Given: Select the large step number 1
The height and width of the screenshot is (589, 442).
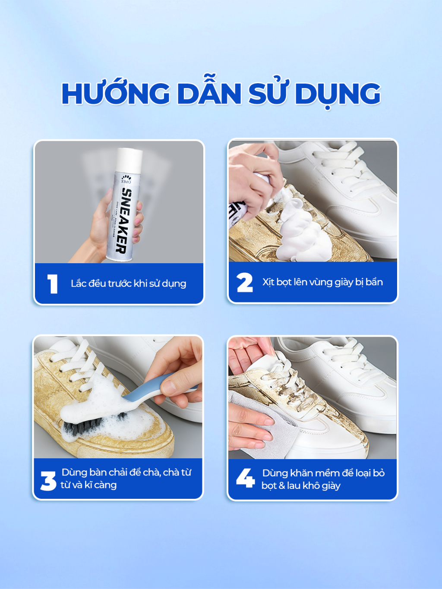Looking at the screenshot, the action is (53, 283).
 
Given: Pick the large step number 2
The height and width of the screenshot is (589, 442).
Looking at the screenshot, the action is (245, 282).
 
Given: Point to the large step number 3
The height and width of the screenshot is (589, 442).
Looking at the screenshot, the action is (48, 481).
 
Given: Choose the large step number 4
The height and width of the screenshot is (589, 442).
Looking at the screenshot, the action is (245, 478).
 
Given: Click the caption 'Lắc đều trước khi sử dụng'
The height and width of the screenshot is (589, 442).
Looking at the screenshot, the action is (129, 283).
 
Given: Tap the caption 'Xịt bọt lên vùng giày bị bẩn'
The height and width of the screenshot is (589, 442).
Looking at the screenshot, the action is (322, 282).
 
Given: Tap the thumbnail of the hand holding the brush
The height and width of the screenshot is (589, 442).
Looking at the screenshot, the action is (118, 397).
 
